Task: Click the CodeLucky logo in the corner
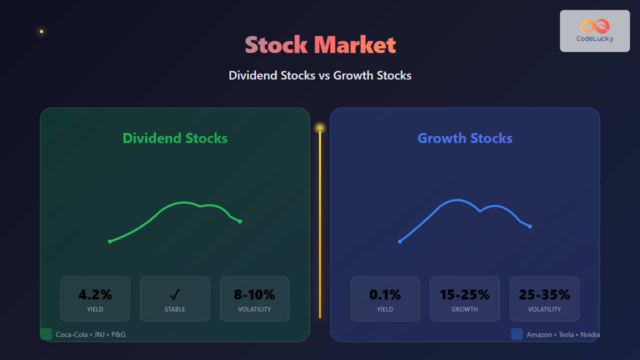[595, 31]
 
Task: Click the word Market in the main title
[355, 45]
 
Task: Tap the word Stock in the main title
[276, 45]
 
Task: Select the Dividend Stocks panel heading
[175, 138]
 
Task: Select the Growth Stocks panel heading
[465, 138]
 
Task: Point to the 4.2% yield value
[95, 294]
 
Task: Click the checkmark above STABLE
[175, 294]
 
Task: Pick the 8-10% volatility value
[254, 294]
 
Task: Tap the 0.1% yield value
[385, 294]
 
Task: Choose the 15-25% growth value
[464, 294]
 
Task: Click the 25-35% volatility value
[544, 294]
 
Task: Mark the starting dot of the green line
[110, 241]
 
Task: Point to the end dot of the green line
[240, 221]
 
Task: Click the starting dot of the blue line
[400, 241]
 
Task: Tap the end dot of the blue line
[530, 226]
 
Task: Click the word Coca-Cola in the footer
[71, 334]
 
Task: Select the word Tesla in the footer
[566, 334]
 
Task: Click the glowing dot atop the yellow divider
[320, 128]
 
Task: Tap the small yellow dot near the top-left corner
[41, 31]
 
